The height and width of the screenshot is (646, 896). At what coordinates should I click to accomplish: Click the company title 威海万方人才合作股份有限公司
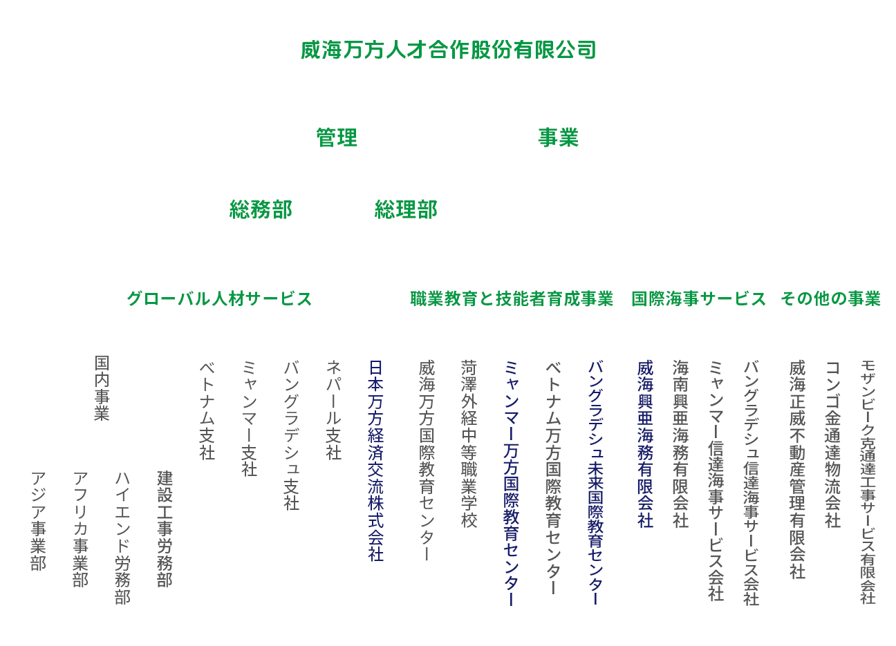[x=448, y=50]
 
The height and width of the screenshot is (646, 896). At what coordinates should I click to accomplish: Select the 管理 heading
[x=337, y=138]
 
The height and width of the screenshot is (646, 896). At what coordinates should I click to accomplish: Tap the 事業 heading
[x=558, y=138]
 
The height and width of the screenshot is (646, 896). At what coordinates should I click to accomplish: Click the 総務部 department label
[x=261, y=209]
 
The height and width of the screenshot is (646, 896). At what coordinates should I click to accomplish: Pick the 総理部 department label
[x=406, y=209]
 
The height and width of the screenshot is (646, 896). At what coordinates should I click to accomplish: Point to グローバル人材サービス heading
[x=219, y=298]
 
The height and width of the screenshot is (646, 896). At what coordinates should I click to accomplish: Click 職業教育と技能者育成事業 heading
[x=512, y=298]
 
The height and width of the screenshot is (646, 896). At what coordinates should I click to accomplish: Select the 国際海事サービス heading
[x=698, y=298]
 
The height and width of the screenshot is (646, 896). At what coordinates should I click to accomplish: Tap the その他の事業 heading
[x=830, y=298]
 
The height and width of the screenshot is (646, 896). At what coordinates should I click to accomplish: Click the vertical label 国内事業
[x=102, y=388]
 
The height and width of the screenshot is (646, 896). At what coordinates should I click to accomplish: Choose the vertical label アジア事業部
[x=39, y=521]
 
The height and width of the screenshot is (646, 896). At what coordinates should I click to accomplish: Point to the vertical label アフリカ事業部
[x=81, y=529]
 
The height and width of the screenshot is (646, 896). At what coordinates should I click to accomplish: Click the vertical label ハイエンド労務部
[x=123, y=538]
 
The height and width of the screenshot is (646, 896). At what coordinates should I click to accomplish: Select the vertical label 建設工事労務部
[x=165, y=529]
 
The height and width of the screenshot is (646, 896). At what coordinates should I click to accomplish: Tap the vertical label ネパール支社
[x=334, y=410]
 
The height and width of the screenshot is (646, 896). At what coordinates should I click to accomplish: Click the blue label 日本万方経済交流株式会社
[x=376, y=460]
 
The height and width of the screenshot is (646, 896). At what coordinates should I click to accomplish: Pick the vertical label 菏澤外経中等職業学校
[x=469, y=444]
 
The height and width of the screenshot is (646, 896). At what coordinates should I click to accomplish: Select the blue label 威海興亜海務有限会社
[x=646, y=444]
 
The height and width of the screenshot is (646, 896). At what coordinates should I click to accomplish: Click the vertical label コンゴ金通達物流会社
[x=833, y=444]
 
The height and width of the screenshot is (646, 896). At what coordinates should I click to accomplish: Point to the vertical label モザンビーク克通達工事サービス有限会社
[x=868, y=482]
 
